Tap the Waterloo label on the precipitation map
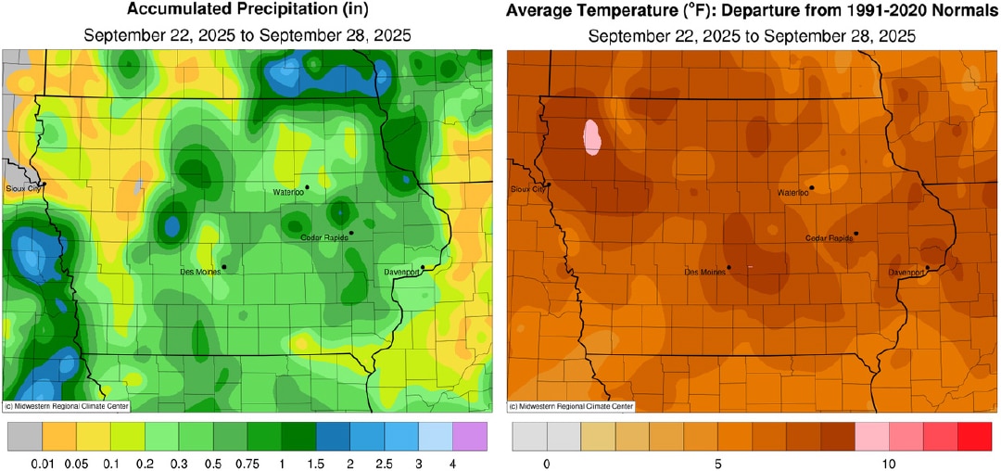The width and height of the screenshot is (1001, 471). tap(287, 192)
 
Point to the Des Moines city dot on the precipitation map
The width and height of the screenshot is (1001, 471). tap(224, 267)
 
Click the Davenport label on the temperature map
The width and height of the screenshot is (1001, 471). tap(906, 274)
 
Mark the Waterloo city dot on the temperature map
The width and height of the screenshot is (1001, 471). tap(811, 187)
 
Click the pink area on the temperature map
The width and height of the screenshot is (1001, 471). tap(592, 137)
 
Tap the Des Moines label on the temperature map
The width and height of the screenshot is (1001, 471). tap(703, 273)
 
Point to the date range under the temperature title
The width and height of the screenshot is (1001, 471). tap(752, 37)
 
